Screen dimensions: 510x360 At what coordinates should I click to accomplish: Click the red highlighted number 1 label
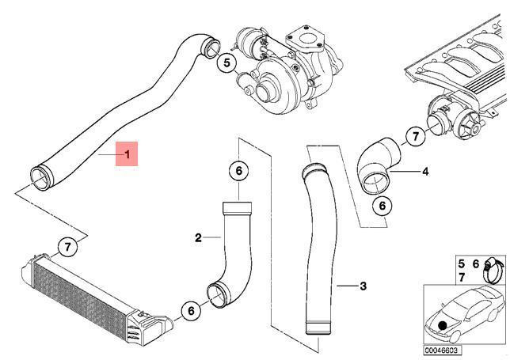[x=127, y=153]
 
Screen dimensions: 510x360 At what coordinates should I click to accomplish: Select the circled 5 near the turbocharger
[x=226, y=63]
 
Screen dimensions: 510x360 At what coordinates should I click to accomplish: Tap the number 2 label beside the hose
[x=198, y=238]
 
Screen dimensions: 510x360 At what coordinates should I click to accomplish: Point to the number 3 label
[x=363, y=286]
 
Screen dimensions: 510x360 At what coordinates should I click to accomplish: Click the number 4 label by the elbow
[x=425, y=171]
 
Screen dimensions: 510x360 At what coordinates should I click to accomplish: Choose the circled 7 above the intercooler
[x=67, y=248]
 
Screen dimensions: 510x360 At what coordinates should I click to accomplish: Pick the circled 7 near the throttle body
[x=415, y=136]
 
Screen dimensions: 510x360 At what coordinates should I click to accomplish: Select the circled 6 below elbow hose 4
[x=382, y=206]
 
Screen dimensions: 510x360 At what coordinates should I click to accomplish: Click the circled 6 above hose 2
[x=238, y=171]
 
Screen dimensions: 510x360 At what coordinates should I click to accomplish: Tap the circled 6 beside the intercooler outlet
[x=191, y=311]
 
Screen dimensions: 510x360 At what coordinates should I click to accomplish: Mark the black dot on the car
[x=443, y=325]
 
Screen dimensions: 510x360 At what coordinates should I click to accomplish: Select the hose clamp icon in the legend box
[x=493, y=270]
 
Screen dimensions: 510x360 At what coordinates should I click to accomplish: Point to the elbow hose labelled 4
[x=379, y=165]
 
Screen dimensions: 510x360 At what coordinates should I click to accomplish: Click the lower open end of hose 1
[x=41, y=178]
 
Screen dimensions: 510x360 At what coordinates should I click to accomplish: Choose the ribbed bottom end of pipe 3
[x=318, y=328]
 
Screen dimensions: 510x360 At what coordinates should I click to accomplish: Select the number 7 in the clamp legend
[x=462, y=278]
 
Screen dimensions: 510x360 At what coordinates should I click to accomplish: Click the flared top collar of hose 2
[x=237, y=208]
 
